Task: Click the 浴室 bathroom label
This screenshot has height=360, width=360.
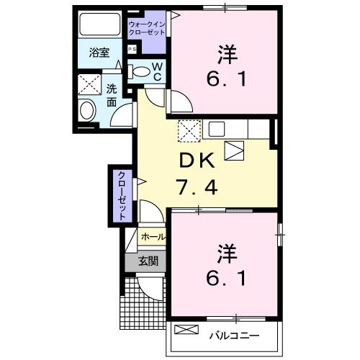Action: [x=99, y=53]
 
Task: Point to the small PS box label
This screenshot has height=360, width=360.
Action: [x=131, y=49]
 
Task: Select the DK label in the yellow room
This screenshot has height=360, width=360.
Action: [x=194, y=160]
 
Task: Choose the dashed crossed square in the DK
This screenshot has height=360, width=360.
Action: [x=189, y=130]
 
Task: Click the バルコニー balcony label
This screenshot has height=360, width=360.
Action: [x=235, y=335]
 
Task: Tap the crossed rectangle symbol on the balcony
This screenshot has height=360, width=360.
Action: [x=185, y=330]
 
